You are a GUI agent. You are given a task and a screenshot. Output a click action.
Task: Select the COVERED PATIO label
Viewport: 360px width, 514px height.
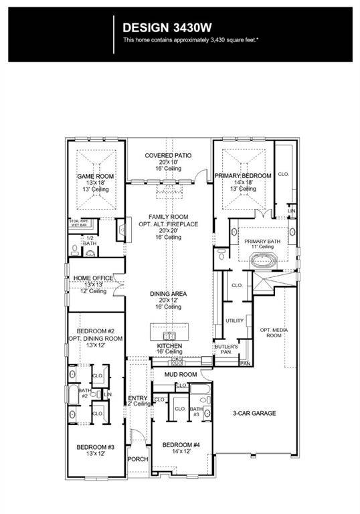(168, 155)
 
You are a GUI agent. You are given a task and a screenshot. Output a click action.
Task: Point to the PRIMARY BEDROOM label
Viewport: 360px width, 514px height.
(243, 176)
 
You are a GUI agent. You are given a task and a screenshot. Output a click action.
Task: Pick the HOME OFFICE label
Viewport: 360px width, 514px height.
(93, 278)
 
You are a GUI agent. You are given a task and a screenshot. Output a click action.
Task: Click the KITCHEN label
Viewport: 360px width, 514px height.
(169, 345)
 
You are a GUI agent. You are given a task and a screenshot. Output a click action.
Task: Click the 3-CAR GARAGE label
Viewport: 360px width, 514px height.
(254, 413)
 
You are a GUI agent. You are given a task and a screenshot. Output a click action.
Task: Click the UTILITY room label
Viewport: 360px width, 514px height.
(234, 321)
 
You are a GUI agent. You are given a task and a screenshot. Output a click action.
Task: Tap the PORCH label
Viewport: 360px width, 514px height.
(138, 459)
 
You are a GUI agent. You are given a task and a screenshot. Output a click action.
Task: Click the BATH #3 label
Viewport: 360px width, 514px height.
(196, 412)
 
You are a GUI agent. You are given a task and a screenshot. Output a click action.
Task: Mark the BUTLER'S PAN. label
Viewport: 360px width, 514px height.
(223, 349)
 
